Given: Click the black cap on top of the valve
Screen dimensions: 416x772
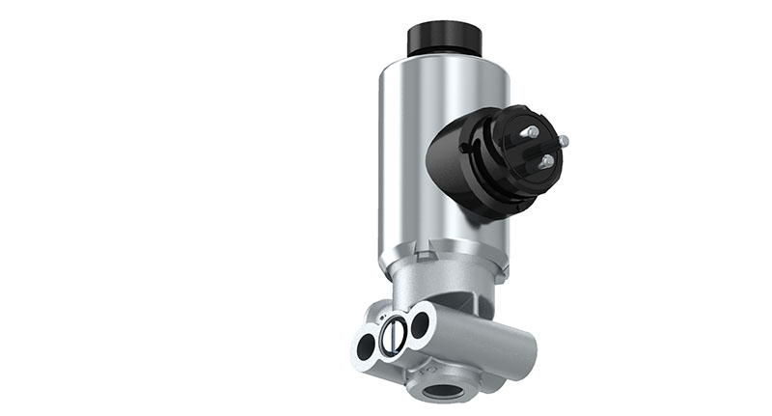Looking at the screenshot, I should [x=445, y=39].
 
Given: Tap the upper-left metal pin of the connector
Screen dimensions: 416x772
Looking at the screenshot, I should [x=529, y=131].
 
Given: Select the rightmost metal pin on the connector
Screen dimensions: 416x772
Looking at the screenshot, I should [x=563, y=141].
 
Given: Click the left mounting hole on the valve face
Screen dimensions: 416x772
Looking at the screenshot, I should [x=367, y=346].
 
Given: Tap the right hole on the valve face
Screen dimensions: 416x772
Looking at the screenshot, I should [x=419, y=324].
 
